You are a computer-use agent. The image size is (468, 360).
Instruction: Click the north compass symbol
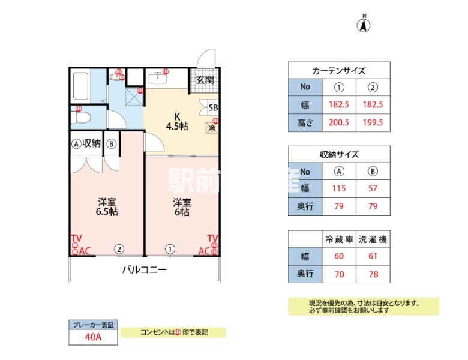pyautogui.click(x=364, y=25)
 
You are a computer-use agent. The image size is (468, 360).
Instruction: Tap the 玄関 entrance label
pyautogui.click(x=200, y=80)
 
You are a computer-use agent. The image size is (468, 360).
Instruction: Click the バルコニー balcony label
pyautogui.click(x=144, y=270)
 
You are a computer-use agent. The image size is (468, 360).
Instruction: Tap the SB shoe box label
pyautogui.click(x=212, y=109)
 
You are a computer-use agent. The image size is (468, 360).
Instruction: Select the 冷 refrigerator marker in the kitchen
pyautogui.click(x=211, y=127)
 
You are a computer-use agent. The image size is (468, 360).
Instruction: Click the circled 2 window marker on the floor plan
pyautogui.click(x=119, y=249)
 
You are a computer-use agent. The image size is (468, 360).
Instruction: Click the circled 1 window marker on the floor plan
pyautogui.click(x=170, y=249)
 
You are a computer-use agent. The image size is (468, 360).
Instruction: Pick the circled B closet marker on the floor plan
pyautogui.click(x=112, y=144)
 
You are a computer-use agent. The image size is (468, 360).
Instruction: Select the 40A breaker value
pyautogui.click(x=93, y=337)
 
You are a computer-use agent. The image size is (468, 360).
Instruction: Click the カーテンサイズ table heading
pyautogui.click(x=339, y=70)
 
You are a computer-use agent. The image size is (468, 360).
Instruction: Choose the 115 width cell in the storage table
pyautogui.click(x=339, y=188)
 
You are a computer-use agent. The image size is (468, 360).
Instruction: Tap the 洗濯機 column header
pyautogui.click(x=372, y=239)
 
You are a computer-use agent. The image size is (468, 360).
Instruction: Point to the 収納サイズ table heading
pyautogui.click(x=339, y=154)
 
